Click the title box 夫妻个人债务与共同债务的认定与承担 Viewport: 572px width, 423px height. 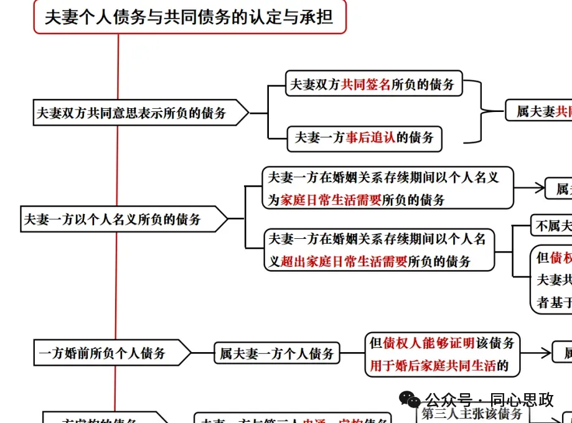pos(189,17)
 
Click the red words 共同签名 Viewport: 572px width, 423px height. pos(366,85)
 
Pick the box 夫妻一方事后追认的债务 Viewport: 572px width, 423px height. pos(364,138)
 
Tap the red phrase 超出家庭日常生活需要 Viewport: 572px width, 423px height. pos(344,261)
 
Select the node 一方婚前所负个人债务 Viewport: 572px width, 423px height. pos(103,353)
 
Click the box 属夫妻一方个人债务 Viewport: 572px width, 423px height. pos(277,354)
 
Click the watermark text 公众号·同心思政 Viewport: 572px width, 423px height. pos(489,399)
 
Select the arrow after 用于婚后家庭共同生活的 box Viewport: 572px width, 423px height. pos(537,353)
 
